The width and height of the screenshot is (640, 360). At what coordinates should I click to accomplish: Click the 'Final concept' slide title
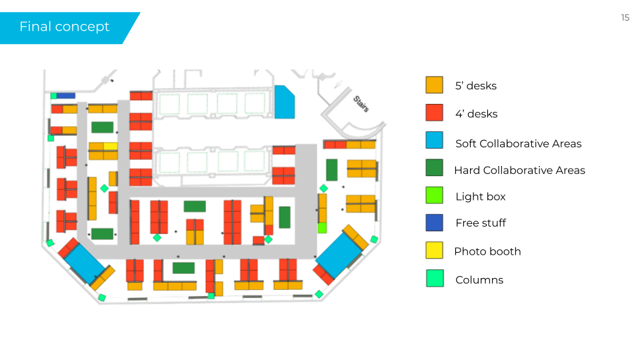point(65,27)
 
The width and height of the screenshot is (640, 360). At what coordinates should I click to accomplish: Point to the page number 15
point(625,17)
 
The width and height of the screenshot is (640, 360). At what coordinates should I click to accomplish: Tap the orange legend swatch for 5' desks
point(434,85)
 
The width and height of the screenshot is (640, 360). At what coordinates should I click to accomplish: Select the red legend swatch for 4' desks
point(434,113)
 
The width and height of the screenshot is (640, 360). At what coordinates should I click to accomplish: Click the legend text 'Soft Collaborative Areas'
point(519,144)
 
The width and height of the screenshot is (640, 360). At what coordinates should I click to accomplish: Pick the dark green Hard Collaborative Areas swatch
point(434,167)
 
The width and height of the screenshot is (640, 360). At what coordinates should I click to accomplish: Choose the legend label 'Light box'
point(481,197)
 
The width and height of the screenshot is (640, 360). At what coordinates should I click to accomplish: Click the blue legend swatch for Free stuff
point(434,223)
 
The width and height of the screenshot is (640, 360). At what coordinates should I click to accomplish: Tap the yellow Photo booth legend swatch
point(434,250)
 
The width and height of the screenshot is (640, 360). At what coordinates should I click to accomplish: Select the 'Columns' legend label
point(479,280)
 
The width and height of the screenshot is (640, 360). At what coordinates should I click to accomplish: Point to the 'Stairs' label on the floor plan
point(361,104)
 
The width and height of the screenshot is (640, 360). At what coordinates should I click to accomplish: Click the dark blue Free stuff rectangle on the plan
point(66,95)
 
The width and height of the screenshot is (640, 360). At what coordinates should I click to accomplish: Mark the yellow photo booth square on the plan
point(111,147)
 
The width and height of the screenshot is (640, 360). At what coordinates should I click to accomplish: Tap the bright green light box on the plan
point(322,228)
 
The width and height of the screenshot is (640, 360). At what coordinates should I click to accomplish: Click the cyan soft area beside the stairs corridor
point(284,103)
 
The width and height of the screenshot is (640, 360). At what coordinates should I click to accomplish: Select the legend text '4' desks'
point(476,114)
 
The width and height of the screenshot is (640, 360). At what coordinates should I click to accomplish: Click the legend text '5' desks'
point(476,86)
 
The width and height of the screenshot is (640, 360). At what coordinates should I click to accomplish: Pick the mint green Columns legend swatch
point(435,279)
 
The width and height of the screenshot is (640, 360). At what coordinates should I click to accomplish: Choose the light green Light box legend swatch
point(434,195)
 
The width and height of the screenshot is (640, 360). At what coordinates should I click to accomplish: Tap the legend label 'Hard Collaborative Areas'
point(519,170)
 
